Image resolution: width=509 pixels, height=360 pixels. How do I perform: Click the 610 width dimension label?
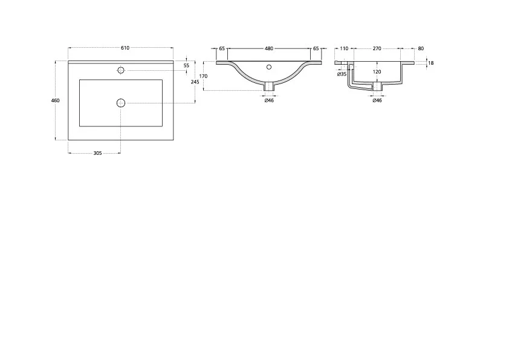[x=125, y=48]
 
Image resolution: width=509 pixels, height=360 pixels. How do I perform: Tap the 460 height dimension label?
[x=56, y=100]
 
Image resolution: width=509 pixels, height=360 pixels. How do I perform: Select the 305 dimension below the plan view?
[x=97, y=153]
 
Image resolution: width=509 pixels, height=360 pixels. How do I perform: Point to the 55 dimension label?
[x=186, y=65]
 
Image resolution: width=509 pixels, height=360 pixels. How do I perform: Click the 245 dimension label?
[x=195, y=82]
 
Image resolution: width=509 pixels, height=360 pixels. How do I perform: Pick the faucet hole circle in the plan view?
[x=121, y=70]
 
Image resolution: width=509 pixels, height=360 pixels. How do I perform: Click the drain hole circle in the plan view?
[x=121, y=103]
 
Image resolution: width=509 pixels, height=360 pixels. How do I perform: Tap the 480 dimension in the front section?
[x=269, y=48]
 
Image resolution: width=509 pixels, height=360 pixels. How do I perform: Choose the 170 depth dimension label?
[x=203, y=76]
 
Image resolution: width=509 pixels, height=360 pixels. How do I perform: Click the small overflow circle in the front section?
[x=269, y=67]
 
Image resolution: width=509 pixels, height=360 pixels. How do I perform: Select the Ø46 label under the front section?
[x=269, y=100]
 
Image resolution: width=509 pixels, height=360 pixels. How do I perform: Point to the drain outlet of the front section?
[x=269, y=87]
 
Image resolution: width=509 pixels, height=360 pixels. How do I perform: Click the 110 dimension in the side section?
[x=344, y=48]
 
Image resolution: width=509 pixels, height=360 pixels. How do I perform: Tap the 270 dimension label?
[x=377, y=48]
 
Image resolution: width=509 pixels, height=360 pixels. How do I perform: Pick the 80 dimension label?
[x=421, y=48]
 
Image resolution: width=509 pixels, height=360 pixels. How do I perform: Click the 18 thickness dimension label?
[x=431, y=63]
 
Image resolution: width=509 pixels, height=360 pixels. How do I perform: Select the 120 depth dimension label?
[x=377, y=72]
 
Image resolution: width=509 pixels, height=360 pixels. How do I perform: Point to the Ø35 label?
[x=342, y=74]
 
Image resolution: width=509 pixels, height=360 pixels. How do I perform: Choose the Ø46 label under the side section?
[x=377, y=100]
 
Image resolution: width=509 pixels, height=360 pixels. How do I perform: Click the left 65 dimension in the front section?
[x=222, y=48]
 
